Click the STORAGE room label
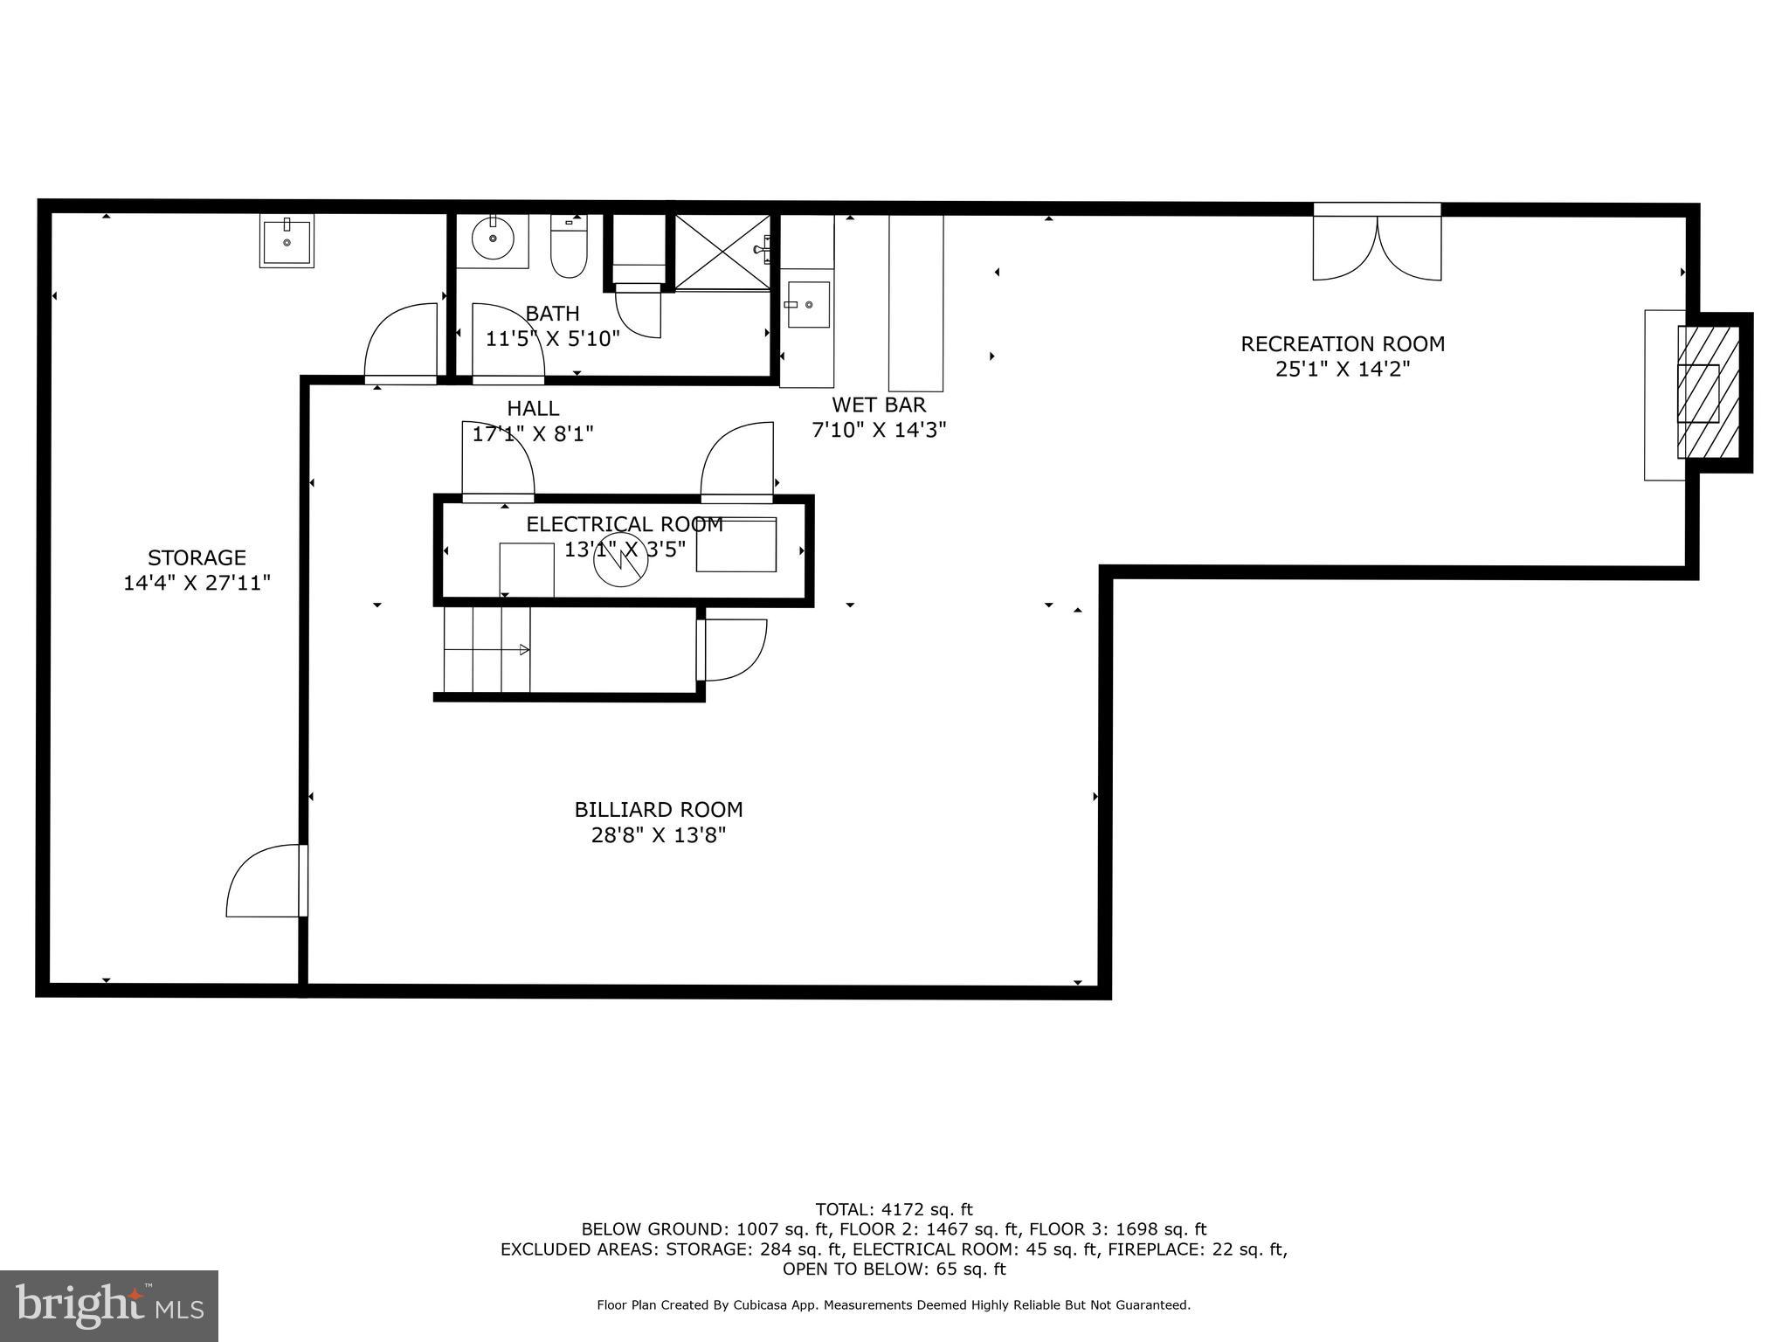(197, 557)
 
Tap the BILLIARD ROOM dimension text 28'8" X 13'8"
(659, 835)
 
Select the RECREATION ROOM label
(1343, 344)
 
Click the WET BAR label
(879, 405)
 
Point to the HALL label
(533, 409)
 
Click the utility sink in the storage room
(287, 241)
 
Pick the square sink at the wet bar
(808, 304)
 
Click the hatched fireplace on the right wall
(1708, 392)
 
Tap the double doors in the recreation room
(1377, 246)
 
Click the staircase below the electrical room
(487, 649)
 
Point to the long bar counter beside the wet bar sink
(915, 302)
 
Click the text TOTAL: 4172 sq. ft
(894, 1210)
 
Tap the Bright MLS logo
(109, 1305)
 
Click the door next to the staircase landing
(732, 650)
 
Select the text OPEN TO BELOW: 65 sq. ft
(894, 1269)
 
